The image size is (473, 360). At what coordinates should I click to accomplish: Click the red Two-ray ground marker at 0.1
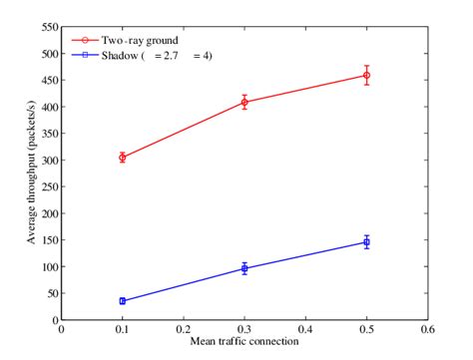(x=123, y=158)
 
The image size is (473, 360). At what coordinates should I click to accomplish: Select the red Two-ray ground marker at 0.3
(x=244, y=102)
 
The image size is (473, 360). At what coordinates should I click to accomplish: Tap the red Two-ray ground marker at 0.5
(x=366, y=75)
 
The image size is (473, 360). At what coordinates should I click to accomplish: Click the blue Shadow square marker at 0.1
(x=123, y=300)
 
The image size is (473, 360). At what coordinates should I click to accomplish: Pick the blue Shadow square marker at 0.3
(x=244, y=268)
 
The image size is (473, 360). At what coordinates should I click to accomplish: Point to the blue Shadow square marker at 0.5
(x=366, y=242)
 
